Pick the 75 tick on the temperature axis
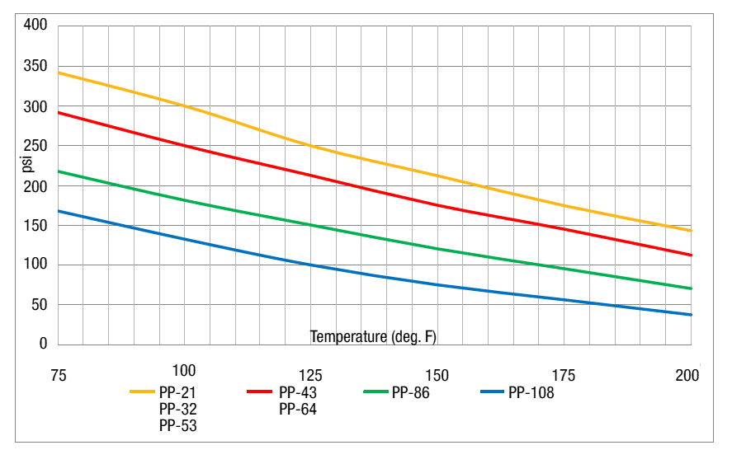58,376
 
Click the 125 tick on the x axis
310,376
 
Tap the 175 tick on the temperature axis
563,376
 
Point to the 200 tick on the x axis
687,376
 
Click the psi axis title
26,165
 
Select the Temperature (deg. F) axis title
373,336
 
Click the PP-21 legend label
177,392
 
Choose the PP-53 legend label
177,425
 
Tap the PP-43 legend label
297,392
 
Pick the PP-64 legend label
297,409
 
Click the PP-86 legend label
411,392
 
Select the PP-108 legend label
531,392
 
